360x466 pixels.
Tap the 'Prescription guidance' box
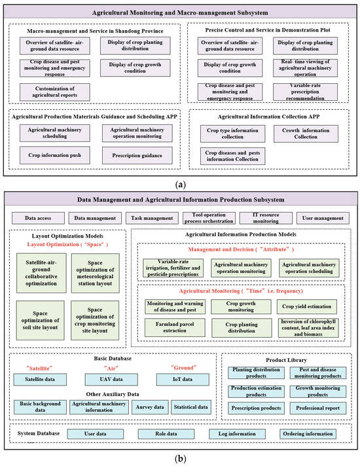point(136,155)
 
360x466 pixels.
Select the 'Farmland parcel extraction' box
point(172,327)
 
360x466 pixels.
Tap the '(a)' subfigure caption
point(180,185)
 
